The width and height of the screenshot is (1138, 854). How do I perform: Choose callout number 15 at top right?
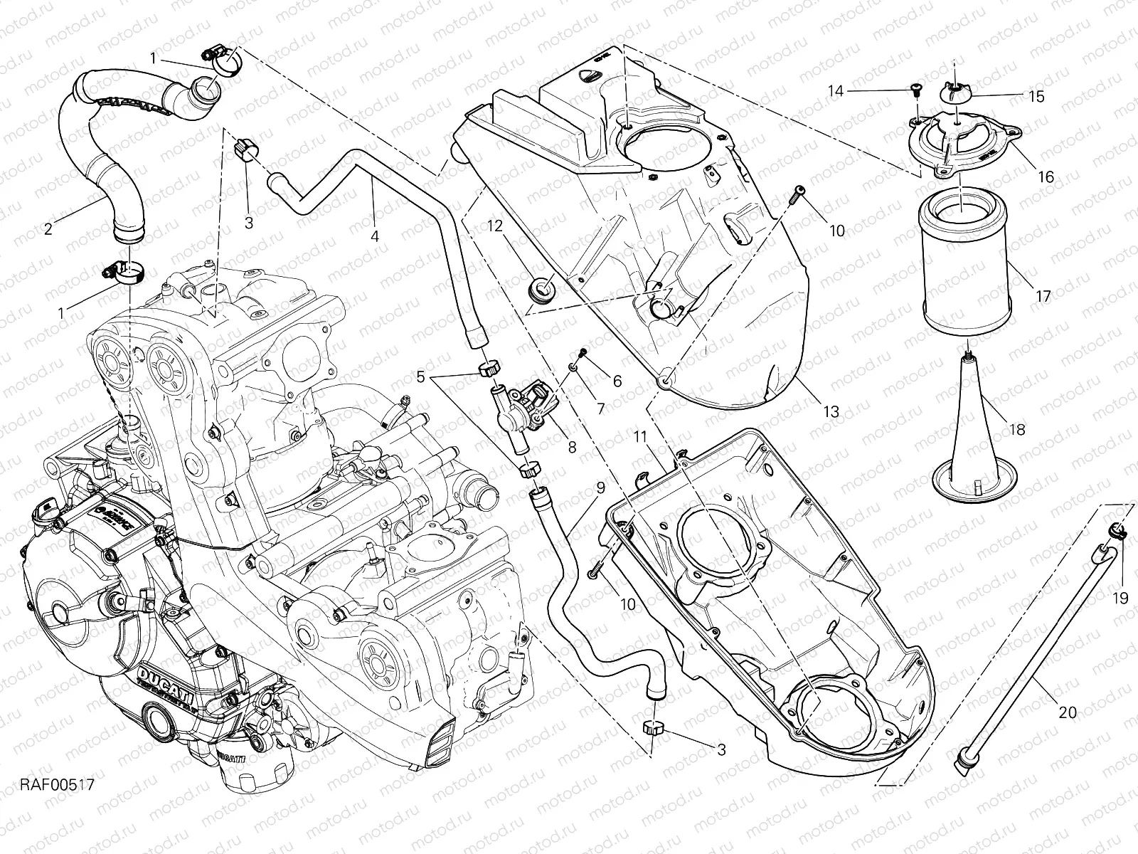[x=1036, y=96]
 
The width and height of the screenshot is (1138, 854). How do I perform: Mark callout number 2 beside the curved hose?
[x=48, y=228]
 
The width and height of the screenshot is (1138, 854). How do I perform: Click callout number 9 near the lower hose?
[x=600, y=488]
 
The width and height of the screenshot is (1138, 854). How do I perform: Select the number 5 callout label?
[x=421, y=377]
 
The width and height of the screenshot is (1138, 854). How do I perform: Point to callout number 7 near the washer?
[x=600, y=408]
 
